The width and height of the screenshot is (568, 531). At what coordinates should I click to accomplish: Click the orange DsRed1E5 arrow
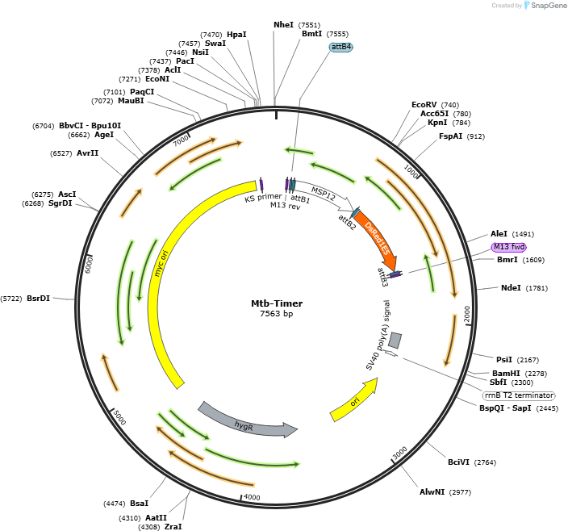pos(377,237)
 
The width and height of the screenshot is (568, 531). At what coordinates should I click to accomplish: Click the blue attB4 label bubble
pos(340,47)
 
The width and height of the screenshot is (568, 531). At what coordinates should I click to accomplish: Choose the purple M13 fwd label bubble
pos(508,247)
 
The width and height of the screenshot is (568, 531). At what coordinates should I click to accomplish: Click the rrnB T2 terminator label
pos(519,395)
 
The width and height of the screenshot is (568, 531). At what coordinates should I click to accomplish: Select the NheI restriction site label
pos(283,25)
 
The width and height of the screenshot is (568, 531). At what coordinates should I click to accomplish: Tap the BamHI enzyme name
pos(506,373)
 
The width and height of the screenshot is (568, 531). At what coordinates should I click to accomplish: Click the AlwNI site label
pos(432,492)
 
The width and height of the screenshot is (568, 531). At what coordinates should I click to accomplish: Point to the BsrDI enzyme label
pos(39,299)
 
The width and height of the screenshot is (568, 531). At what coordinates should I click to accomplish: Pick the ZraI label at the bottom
pos(173,526)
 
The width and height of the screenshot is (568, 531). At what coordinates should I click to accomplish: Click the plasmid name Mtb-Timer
pos(277,303)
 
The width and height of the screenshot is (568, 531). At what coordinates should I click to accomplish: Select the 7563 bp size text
pos(277,314)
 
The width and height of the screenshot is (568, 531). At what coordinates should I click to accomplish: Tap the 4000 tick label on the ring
pos(252,497)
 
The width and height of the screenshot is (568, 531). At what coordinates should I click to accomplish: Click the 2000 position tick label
pos(467,314)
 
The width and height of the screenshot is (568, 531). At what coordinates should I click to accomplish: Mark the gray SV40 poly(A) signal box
pos(395,341)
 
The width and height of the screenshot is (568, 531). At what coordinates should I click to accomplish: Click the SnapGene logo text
pos(549,6)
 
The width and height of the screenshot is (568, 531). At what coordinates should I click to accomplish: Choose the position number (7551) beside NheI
pos(309,25)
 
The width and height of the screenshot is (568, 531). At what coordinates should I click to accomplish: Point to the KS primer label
pos(263,198)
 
